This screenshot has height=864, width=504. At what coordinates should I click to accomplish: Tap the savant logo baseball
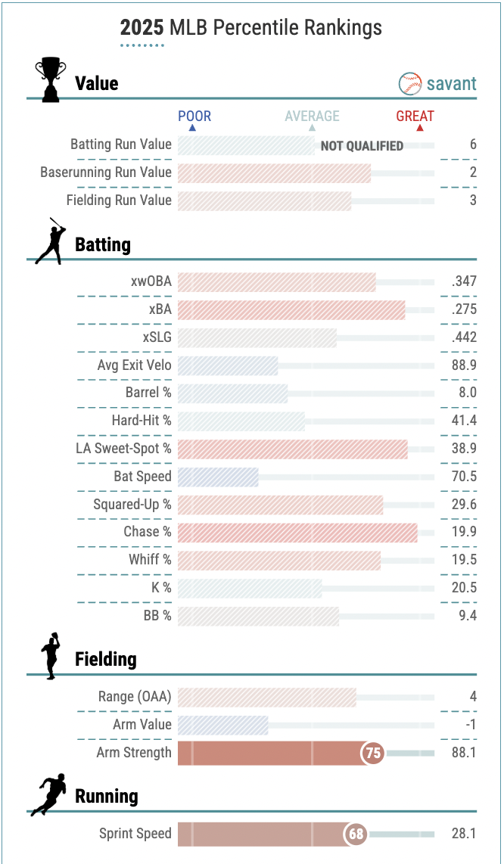pyautogui.click(x=410, y=83)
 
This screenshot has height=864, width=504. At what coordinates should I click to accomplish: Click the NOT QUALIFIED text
pyautogui.click(x=362, y=146)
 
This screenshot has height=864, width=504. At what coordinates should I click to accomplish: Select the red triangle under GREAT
pyautogui.click(x=420, y=128)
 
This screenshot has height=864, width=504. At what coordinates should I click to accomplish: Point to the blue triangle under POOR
pyautogui.click(x=191, y=128)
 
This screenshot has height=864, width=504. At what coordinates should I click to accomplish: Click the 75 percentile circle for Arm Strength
pyautogui.click(x=373, y=753)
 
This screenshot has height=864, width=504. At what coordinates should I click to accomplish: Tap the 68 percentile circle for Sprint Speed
pyautogui.click(x=356, y=834)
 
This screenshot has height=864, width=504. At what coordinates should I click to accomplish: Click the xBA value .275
pyautogui.click(x=463, y=309)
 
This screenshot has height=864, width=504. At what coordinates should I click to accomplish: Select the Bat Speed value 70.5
pyautogui.click(x=462, y=477)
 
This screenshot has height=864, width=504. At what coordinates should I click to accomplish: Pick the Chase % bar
pyautogui.click(x=297, y=532)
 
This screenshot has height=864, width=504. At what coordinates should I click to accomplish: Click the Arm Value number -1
pyautogui.click(x=469, y=725)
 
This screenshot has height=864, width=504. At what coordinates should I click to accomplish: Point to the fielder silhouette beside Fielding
pyautogui.click(x=51, y=656)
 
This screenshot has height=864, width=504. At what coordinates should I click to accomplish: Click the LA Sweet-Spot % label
pyautogui.click(x=123, y=449)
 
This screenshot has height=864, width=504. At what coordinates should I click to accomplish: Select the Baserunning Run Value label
pyautogui.click(x=106, y=172)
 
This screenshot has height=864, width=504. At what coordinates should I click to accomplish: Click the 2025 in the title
pyautogui.click(x=142, y=28)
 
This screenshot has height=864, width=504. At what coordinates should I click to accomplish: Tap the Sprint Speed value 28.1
pyautogui.click(x=462, y=834)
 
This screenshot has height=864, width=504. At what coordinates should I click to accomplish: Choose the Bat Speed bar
pyautogui.click(x=218, y=477)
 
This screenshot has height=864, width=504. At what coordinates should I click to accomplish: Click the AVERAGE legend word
pyautogui.click(x=312, y=116)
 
